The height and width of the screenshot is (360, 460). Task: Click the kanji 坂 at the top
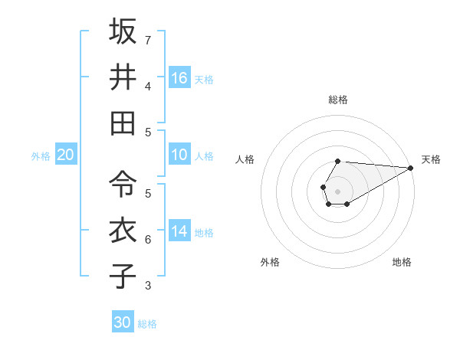click(123, 31)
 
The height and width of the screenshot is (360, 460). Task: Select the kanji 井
click(123, 77)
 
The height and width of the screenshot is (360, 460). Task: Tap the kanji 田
click(123, 123)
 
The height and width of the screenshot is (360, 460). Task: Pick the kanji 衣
click(123, 230)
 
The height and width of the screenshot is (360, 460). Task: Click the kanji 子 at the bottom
click(123, 276)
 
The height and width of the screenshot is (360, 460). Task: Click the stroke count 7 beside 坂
click(148, 39)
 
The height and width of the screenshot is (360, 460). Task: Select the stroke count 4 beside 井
click(148, 86)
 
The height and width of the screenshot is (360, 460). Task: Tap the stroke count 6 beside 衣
click(148, 240)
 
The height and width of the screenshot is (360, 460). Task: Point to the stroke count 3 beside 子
click(148, 286)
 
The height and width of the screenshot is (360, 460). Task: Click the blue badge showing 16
click(179, 78)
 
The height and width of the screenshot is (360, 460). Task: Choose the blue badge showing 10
click(179, 155)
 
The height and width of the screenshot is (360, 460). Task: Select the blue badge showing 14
click(179, 231)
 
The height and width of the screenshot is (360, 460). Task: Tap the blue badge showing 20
click(65, 155)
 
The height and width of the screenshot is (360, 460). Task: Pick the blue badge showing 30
click(123, 322)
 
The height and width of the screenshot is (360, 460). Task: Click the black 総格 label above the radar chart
click(337, 100)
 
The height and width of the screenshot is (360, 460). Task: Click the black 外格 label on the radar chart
click(270, 263)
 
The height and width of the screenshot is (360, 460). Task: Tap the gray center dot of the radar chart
click(337, 190)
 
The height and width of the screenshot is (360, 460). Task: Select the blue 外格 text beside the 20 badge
click(41, 156)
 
